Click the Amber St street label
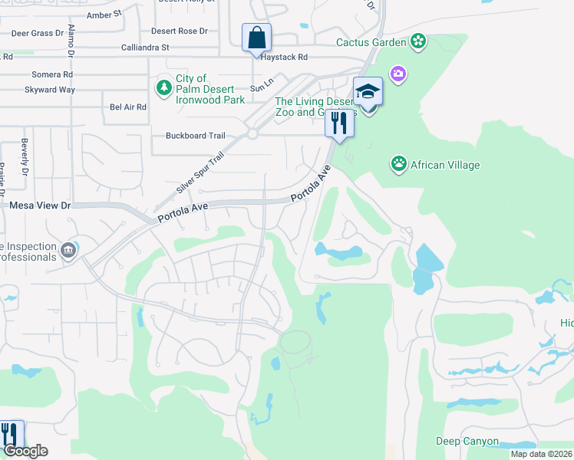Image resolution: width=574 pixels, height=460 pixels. tap(104, 14)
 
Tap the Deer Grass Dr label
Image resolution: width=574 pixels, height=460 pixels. tap(36, 33)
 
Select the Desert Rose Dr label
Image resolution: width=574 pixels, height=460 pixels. tap(180, 31)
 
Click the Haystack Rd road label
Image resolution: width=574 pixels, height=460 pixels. tap(282, 57)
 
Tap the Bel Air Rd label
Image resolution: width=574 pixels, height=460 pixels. tap(128, 107)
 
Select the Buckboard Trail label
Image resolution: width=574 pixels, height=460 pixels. tap(196, 136)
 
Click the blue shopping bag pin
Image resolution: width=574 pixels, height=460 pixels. tap(256, 37)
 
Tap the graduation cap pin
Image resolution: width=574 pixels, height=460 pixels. tap(368, 91)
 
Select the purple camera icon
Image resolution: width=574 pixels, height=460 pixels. tap(398, 74)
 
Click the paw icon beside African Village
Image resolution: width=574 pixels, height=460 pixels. tap(399, 163)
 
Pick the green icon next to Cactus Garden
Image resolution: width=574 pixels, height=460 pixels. tap(418, 41)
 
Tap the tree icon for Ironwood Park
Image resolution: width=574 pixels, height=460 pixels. tap(163, 88)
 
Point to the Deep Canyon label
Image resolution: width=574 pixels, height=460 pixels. tap(467, 442)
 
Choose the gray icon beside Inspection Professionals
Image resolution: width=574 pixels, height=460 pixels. tap(69, 249)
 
